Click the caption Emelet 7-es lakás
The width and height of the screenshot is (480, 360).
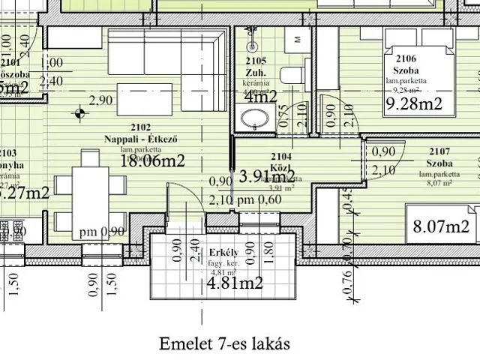223,343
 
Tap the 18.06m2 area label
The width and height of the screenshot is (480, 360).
152,160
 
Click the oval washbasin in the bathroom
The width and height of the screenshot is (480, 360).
254,118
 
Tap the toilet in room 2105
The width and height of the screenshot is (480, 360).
292,73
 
